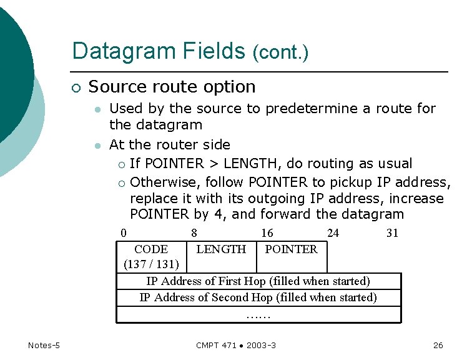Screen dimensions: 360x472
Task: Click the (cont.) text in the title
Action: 280,53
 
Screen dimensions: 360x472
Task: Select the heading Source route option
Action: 172,87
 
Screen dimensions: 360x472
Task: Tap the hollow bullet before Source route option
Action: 76,88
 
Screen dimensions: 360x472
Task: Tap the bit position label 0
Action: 123,233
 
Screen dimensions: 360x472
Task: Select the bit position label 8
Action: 195,233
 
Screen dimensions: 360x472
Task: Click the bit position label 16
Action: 267,233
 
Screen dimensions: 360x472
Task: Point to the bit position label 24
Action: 333,233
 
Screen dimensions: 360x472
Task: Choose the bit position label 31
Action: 392,233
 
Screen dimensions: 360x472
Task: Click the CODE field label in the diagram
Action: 151,249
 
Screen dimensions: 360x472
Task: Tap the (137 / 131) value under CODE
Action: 151,264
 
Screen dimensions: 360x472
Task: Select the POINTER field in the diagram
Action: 291,249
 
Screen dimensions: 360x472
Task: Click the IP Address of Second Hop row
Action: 258,297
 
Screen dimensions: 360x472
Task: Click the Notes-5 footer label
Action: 44,346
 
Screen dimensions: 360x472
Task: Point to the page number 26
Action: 438,346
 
